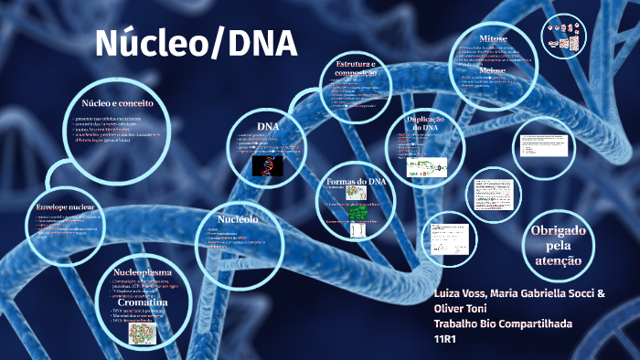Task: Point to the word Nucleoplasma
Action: [x=143, y=272]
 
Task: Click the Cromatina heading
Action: [x=142, y=302]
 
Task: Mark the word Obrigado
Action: [x=557, y=230]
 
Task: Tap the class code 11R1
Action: [x=445, y=339]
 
